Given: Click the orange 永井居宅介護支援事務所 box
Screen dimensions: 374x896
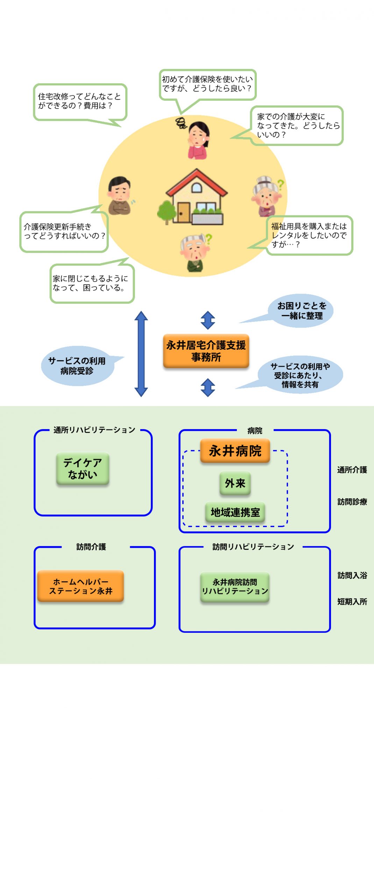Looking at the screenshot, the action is click(206, 351).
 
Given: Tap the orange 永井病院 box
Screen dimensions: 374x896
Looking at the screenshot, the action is click(235, 451).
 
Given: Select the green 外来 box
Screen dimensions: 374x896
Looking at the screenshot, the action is click(235, 483).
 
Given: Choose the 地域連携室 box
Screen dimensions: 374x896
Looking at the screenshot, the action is click(235, 512).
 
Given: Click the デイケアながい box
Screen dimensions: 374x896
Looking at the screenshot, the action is click(83, 469).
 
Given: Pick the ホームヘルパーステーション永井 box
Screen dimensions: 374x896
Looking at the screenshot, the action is click(80, 586).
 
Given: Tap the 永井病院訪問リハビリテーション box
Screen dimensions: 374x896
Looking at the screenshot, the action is click(235, 587).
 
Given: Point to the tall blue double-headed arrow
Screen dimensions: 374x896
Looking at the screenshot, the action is click(141, 354).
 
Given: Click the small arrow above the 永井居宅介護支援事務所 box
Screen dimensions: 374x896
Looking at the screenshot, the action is click(208, 320).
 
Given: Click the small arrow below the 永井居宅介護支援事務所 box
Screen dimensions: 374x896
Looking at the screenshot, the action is click(208, 387).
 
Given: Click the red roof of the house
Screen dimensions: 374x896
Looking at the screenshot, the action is click(197, 182).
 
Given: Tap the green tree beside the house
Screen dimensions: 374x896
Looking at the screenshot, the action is click(167, 212).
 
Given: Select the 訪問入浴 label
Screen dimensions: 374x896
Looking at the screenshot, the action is click(352, 575).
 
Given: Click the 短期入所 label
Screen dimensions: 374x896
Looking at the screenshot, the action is click(352, 602).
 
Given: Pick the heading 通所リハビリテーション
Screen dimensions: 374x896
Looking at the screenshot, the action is click(94, 430).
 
